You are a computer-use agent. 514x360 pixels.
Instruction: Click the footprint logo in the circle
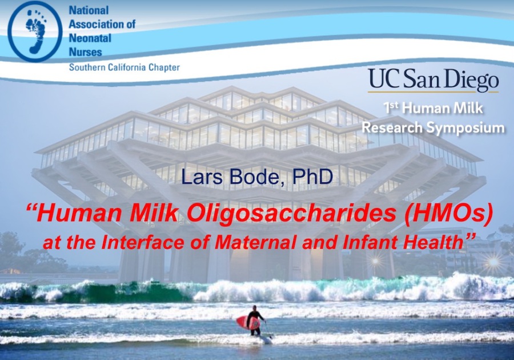point(35,31)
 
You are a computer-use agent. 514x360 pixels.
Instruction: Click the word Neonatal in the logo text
point(90,38)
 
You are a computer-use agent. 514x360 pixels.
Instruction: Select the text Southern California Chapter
point(125,67)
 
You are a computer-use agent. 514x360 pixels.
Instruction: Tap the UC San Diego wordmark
point(433,79)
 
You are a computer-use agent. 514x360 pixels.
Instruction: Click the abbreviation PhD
point(312,177)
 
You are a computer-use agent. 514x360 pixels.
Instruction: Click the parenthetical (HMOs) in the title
point(448,214)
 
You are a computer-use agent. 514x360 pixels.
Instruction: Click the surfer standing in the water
point(255,321)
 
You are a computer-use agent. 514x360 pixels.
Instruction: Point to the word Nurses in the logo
point(85,52)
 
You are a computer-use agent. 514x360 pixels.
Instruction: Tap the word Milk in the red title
point(155,214)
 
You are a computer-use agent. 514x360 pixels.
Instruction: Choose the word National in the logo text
point(89,10)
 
